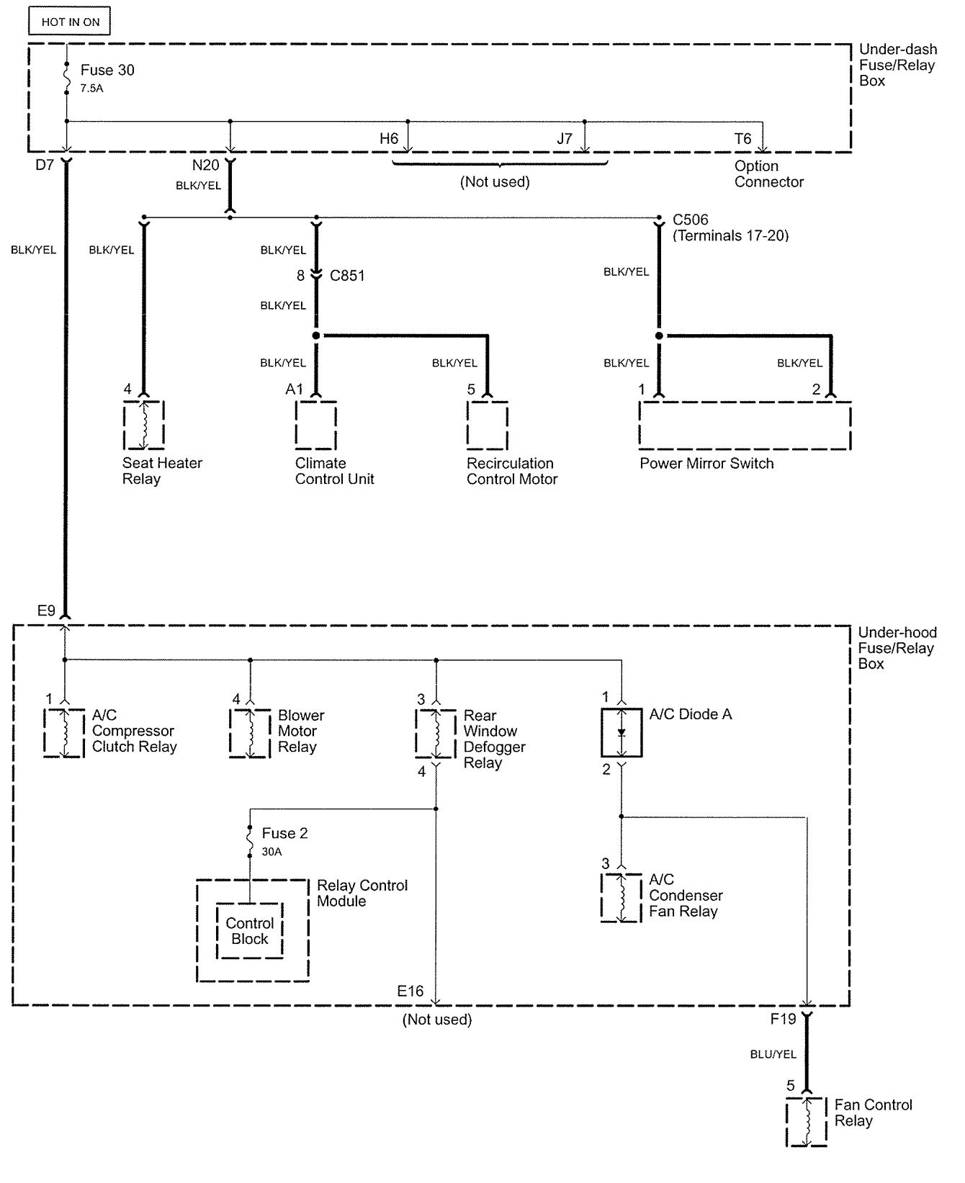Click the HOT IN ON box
[x=70, y=22]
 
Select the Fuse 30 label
[x=107, y=70]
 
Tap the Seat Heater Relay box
[x=144, y=425]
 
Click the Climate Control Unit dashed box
[x=315, y=425]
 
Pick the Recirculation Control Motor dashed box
[x=487, y=425]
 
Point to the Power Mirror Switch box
[x=745, y=426]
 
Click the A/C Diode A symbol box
[x=621, y=732]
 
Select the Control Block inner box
[x=250, y=931]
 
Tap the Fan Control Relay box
[x=806, y=1122]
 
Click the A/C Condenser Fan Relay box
[x=621, y=897]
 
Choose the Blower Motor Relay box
[x=250, y=733]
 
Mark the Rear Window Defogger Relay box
[x=436, y=733]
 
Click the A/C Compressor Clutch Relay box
[x=64, y=733]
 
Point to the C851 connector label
[x=347, y=276]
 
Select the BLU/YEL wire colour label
[x=773, y=1054]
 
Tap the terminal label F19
[x=783, y=1019]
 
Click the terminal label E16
[x=410, y=991]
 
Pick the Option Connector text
[x=768, y=174]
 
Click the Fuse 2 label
[x=284, y=833]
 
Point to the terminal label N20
[x=205, y=166]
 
